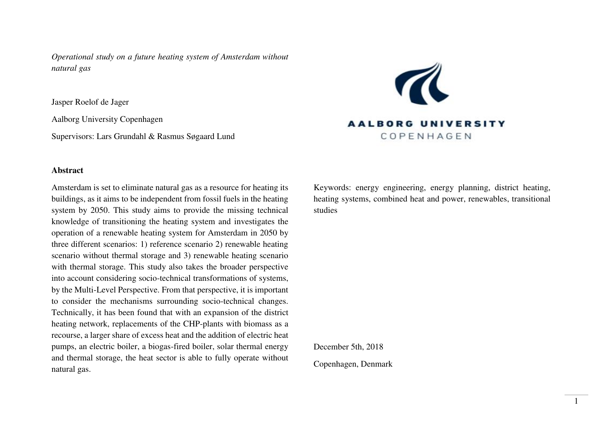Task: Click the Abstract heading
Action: pyautogui.click(x=67, y=171)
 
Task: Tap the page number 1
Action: pyautogui.click(x=576, y=401)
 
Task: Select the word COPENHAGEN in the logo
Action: pyautogui.click(x=426, y=136)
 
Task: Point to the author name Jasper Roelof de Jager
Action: pyautogui.click(x=90, y=102)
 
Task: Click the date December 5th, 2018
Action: pyautogui.click(x=348, y=347)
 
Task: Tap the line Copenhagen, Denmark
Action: pyautogui.click(x=352, y=364)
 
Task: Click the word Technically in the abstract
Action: pyautogui.click(x=70, y=313)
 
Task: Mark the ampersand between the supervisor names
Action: pyautogui.click(x=151, y=137)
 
